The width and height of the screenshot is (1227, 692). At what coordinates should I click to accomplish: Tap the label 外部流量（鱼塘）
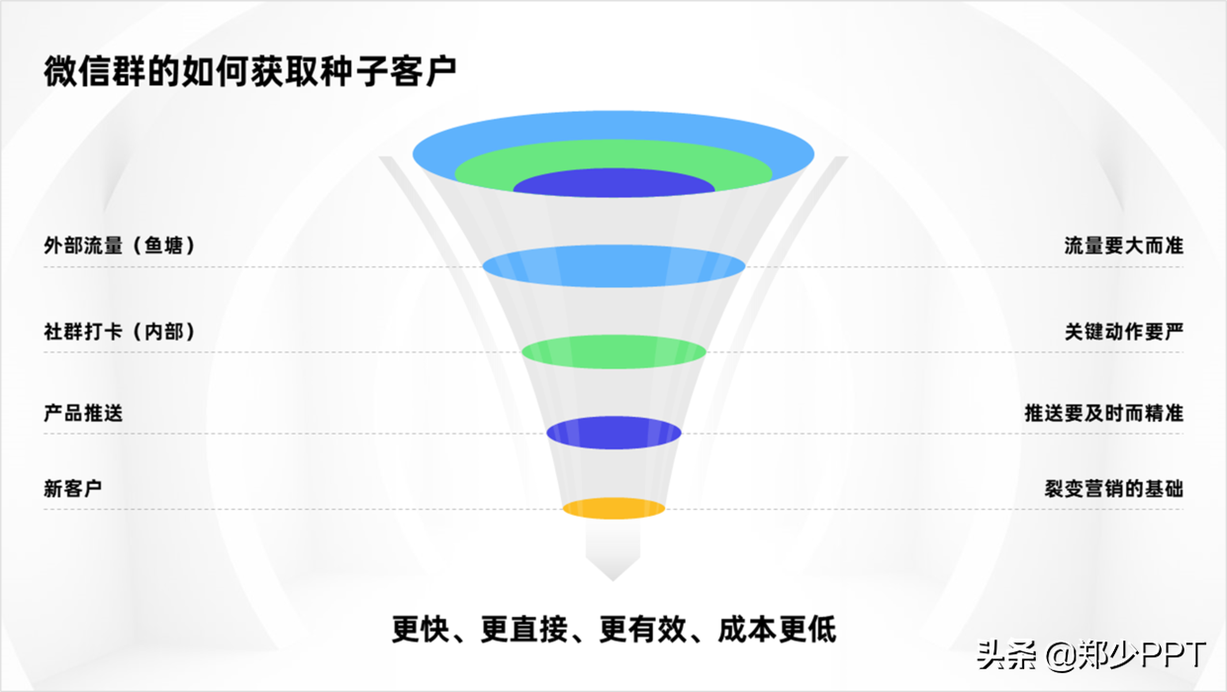point(120,246)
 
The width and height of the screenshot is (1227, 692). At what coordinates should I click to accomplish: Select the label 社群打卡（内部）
point(120,332)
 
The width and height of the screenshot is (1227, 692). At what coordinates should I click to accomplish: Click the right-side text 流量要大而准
point(1123,246)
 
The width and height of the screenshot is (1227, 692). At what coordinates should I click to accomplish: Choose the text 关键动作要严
point(1123,332)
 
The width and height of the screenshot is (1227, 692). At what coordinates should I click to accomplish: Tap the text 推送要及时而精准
point(1103,412)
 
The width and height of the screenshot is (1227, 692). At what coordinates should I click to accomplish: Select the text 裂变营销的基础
point(1113,488)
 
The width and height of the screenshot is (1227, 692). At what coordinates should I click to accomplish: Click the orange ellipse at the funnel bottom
point(613,508)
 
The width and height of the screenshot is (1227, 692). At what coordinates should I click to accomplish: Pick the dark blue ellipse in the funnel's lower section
point(613,433)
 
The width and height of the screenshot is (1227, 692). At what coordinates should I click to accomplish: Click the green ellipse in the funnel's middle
point(613,350)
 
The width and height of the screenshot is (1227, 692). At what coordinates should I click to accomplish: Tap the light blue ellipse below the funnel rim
point(613,265)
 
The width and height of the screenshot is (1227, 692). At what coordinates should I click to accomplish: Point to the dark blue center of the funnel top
point(613,185)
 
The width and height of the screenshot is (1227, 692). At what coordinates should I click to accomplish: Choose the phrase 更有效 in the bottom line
point(644,629)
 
